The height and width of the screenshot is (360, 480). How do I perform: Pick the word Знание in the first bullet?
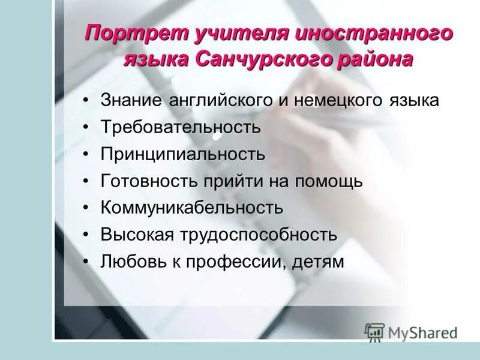pos(131,100)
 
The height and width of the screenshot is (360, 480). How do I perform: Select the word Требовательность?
pos(181,127)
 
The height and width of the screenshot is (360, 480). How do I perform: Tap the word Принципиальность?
pos(183,154)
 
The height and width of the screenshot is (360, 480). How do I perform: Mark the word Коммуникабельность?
pos(192,208)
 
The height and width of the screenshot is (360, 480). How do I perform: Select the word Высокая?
pos(137,235)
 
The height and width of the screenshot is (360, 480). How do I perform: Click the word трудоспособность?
pos(257,235)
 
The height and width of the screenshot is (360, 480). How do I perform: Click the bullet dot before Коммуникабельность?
pos(88,208)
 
